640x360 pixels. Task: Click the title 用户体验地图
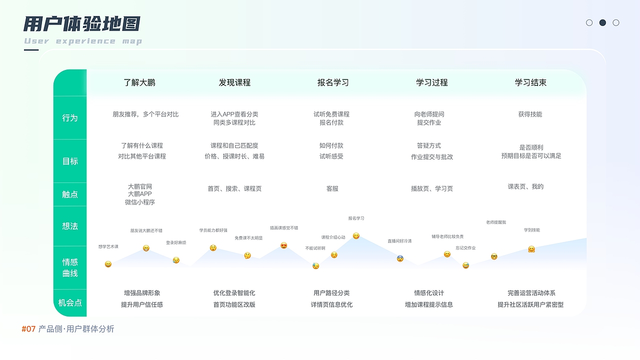(x=82, y=23)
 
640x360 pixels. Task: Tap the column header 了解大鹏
(x=139, y=82)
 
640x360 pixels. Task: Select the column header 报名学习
(x=333, y=82)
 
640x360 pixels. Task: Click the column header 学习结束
(x=530, y=82)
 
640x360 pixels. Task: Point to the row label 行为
(x=70, y=118)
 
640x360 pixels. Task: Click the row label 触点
(x=70, y=194)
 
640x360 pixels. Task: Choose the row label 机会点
(x=70, y=302)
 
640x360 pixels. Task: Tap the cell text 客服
(x=332, y=188)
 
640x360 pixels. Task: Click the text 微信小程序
(x=140, y=202)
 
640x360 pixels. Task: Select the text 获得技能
(x=530, y=114)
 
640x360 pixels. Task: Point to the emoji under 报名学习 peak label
(x=356, y=236)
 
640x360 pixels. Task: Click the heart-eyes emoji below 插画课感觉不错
(x=284, y=245)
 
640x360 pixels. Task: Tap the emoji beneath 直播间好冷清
(x=400, y=258)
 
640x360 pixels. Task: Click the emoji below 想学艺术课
(x=108, y=264)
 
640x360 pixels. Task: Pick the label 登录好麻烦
(x=176, y=242)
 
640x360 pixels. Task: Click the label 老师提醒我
(x=496, y=222)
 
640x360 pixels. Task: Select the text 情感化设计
(x=429, y=293)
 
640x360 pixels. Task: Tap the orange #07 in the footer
(x=28, y=329)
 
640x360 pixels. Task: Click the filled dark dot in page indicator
(x=602, y=22)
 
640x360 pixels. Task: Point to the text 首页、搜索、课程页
(x=234, y=188)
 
